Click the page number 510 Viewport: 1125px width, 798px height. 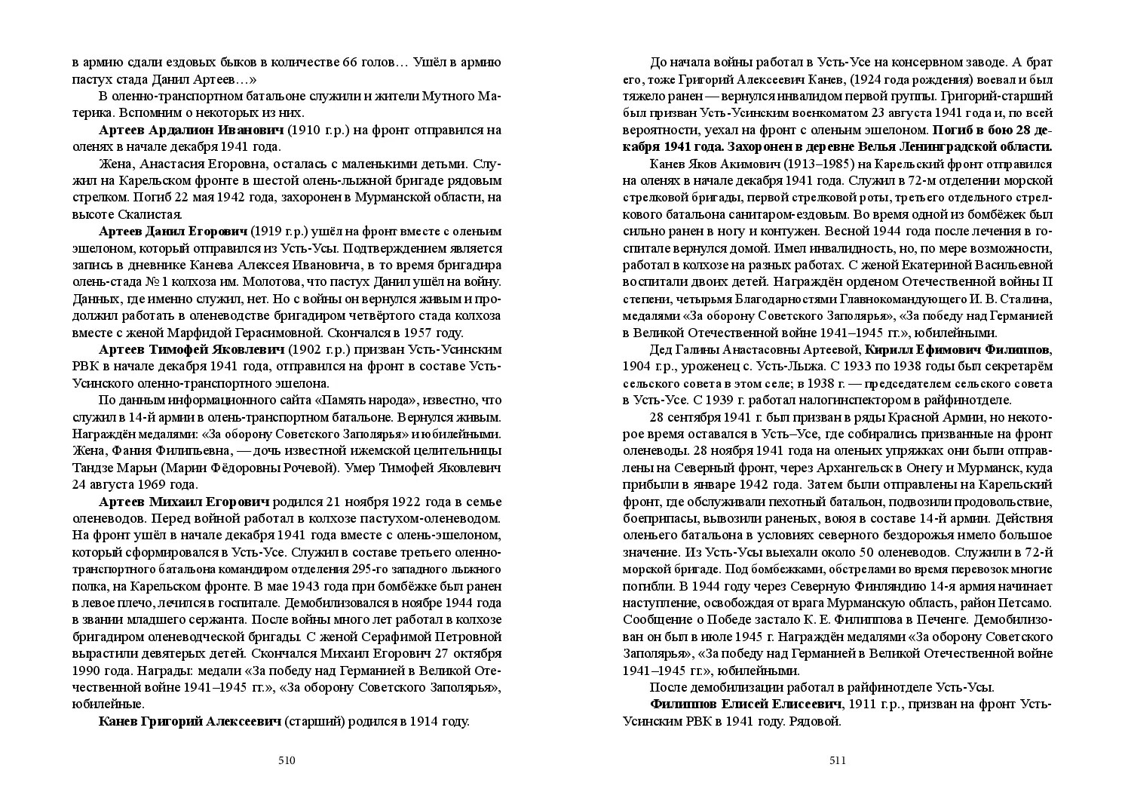click(x=287, y=760)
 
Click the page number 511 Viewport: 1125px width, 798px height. click(x=838, y=760)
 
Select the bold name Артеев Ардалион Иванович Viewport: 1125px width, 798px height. click(x=192, y=130)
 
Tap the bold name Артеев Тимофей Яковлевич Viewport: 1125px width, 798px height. click(x=192, y=350)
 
